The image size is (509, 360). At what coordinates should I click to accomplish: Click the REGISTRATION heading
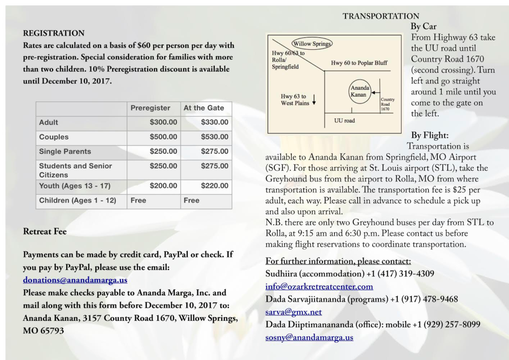54,33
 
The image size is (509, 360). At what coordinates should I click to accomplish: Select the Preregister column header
150,108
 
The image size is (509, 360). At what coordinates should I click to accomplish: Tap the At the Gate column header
204,108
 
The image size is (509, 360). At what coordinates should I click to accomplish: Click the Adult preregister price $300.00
163,122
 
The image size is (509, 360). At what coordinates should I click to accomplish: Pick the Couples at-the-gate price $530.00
215,137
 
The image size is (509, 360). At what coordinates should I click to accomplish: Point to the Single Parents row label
65,151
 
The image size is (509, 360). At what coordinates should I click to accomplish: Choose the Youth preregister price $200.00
163,186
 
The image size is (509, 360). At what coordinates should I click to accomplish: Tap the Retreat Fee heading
45,231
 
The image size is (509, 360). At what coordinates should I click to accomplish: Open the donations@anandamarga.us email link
75,280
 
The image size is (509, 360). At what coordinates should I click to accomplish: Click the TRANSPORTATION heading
381,16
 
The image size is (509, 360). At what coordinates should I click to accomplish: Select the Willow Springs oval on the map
312,44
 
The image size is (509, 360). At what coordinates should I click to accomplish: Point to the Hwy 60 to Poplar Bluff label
359,63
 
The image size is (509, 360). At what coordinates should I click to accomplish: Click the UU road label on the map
344,120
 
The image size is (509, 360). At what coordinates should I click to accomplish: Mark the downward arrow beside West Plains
315,99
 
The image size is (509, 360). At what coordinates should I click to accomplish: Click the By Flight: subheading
429,135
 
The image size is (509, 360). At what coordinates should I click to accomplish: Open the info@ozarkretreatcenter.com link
319,286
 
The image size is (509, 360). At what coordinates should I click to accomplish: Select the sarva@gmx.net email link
294,312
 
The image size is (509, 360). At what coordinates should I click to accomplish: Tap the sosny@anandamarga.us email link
309,338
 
